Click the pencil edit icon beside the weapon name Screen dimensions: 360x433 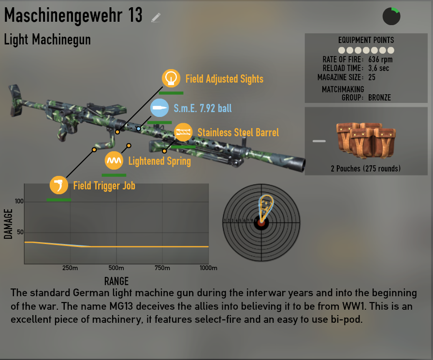click(156, 17)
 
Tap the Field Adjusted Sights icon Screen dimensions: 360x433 click(171, 78)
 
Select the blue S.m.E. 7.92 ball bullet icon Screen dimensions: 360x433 click(159, 108)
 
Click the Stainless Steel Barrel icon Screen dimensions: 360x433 click(183, 132)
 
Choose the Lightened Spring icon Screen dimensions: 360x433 click(114, 160)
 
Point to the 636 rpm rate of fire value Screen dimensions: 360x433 click(380, 59)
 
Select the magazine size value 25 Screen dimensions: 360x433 click(372, 77)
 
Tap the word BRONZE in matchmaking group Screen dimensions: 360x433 click(379, 98)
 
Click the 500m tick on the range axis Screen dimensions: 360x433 click(116, 268)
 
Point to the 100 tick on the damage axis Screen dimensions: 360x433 click(19, 202)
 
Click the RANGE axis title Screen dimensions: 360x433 click(116, 281)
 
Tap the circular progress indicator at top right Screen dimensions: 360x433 click(391, 16)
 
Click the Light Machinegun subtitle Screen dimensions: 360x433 click(47, 39)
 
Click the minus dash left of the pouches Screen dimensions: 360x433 click(319, 141)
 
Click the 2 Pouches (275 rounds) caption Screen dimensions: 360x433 click(366, 169)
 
